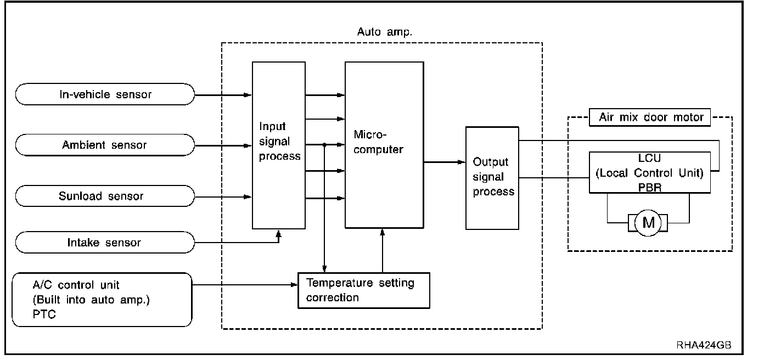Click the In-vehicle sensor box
(105, 94)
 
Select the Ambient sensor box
(105, 145)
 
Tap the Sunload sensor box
(105, 196)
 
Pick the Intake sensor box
(105, 243)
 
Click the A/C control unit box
(102, 300)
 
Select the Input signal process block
(279, 145)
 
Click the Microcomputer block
(384, 145)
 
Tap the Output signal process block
(492, 177)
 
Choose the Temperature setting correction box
(363, 290)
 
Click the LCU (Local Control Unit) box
(649, 172)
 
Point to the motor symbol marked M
(648, 223)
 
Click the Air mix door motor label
(649, 117)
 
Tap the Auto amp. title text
(384, 32)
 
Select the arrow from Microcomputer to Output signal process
(444, 162)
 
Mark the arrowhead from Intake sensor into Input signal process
(279, 233)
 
